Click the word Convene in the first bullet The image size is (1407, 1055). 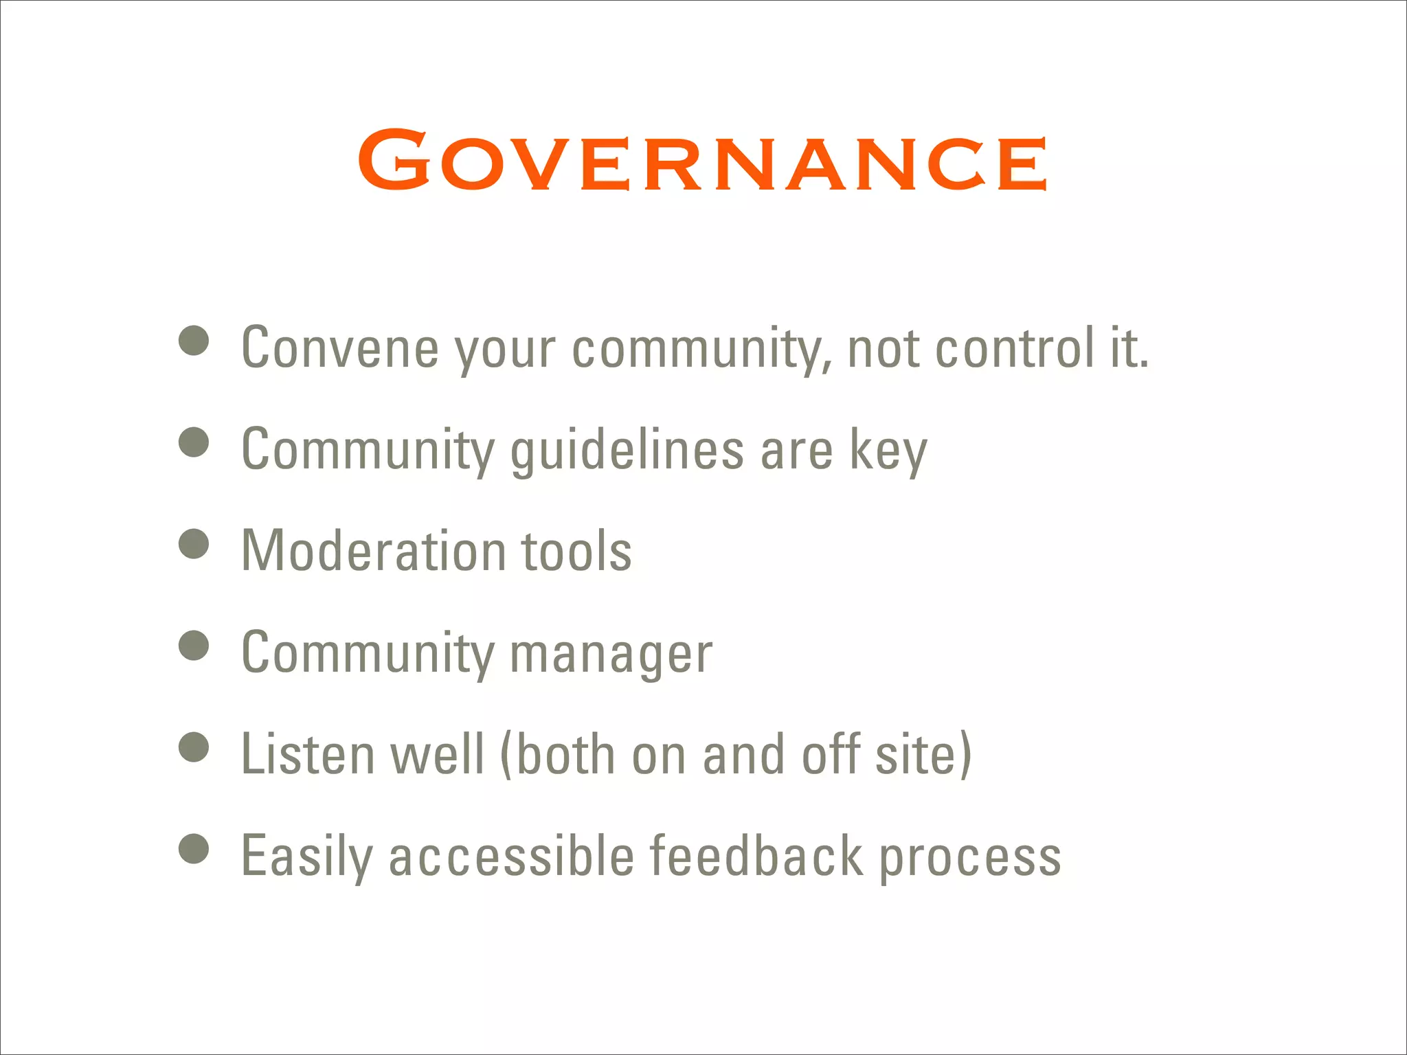(340, 348)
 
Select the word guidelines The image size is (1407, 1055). (627, 450)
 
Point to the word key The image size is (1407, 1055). (888, 450)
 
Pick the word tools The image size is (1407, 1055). (576, 551)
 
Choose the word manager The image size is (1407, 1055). (611, 653)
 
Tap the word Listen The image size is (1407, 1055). (307, 754)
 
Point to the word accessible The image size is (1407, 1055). (512, 856)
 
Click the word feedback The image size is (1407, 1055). (756, 856)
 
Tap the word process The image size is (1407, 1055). (970, 856)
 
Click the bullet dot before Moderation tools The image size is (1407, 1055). (194, 544)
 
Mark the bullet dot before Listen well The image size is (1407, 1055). (194, 747)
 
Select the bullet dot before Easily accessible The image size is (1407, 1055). (194, 849)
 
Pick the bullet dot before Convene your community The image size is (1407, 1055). (194, 341)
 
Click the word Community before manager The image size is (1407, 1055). (368, 653)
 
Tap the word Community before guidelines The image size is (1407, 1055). (368, 450)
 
